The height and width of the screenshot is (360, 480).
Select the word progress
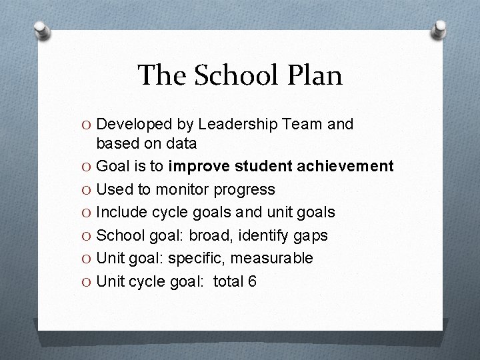coord(244,190)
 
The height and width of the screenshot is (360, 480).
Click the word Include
coord(120,213)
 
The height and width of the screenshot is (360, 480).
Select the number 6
coord(252,281)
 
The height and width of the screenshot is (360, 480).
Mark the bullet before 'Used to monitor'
coord(88,190)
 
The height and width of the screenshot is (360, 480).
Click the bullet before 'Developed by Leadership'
coord(88,125)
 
